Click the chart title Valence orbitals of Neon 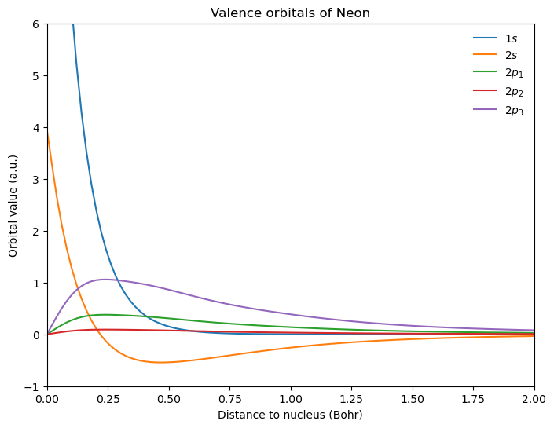290,13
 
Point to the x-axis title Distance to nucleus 290,414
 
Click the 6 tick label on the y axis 35,24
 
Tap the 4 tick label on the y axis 35,128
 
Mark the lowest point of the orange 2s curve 161,362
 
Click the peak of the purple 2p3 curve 105,279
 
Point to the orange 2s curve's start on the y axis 48,134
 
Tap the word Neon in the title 354,13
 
